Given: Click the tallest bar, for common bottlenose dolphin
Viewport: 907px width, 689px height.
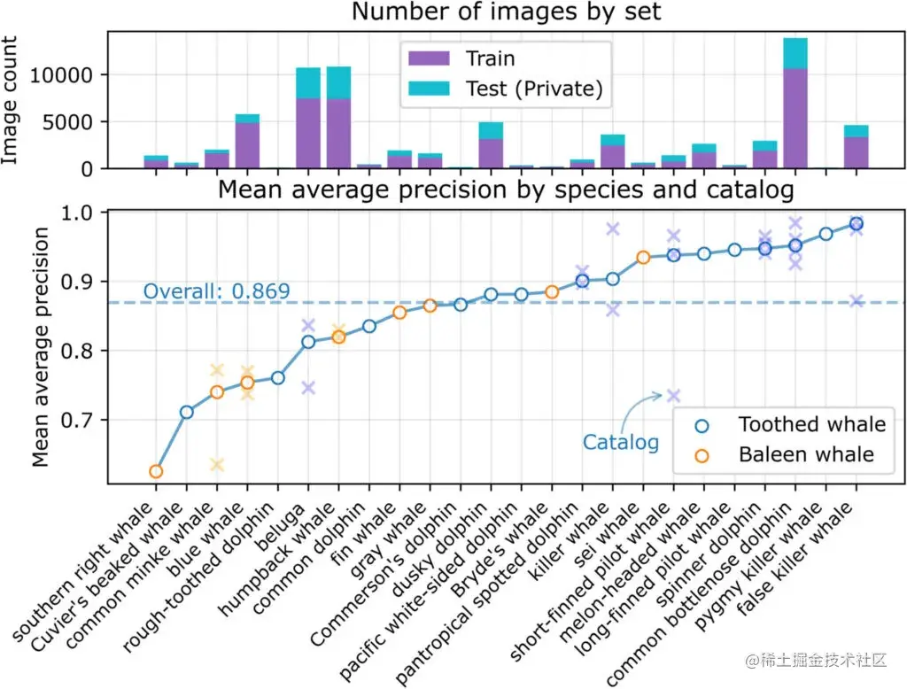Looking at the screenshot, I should click(795, 102).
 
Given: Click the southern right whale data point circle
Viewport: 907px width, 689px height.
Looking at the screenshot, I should click(156, 471).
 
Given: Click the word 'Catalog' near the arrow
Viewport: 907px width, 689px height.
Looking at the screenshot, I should click(620, 442).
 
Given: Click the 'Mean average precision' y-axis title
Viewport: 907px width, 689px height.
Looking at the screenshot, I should click(40, 346).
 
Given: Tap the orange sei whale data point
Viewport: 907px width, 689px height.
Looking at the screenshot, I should click(643, 257).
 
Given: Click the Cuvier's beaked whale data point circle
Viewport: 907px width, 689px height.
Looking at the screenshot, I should click(186, 412).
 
